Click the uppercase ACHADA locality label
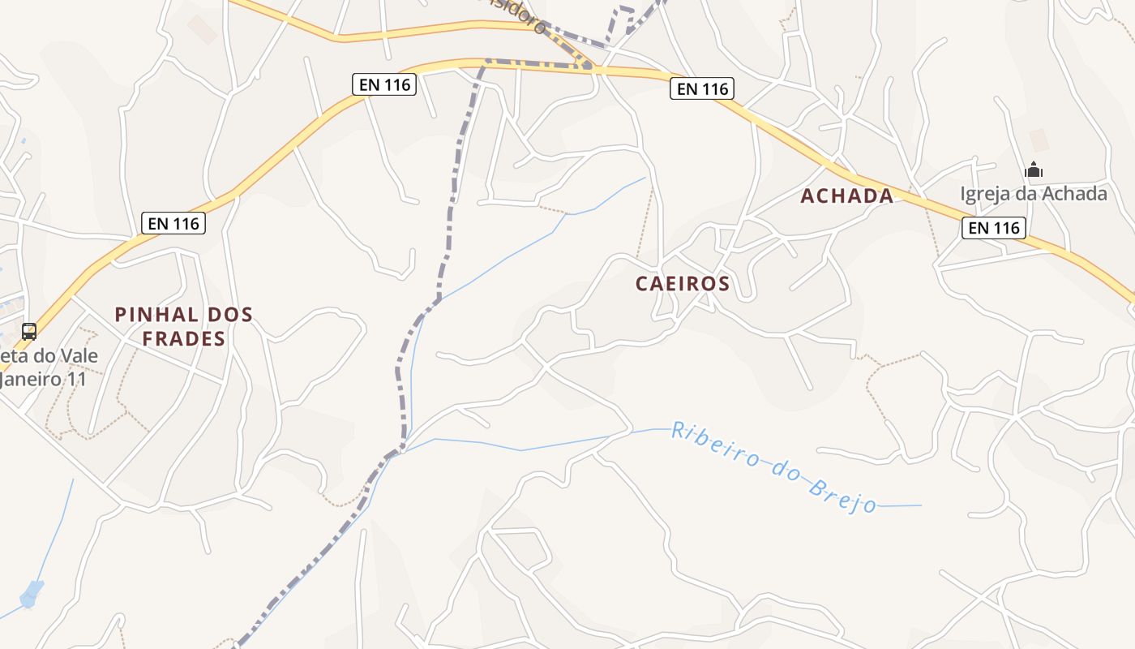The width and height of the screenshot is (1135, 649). click(847, 196)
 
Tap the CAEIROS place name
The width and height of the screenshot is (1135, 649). click(683, 283)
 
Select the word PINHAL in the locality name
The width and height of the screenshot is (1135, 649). click(154, 315)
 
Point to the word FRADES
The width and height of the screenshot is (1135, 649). click(183, 338)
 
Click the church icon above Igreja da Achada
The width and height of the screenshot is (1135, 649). click(1034, 170)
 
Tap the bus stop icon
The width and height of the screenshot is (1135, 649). click(29, 331)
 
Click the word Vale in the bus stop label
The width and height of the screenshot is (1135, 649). click(79, 356)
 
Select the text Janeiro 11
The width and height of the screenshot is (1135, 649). click(42, 379)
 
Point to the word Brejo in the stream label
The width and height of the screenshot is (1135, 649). click(843, 496)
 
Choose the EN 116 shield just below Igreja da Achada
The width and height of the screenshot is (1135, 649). click(994, 228)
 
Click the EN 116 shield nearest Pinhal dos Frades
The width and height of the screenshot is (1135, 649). click(173, 223)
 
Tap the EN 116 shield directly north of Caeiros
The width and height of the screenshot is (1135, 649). click(701, 88)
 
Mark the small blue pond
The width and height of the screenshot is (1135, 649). click(32, 594)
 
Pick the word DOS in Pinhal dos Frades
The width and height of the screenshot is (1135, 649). click(226, 315)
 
